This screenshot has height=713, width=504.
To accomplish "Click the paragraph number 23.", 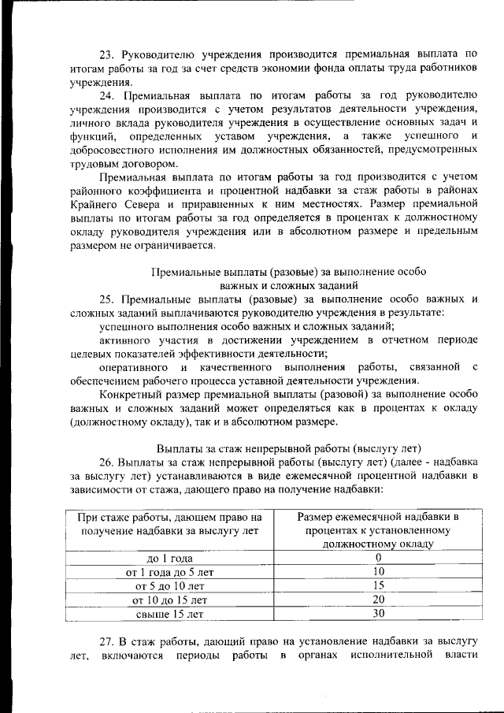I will pyautogui.click(x=107, y=54).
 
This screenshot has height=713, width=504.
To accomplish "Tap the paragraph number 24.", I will pyautogui.click(x=107, y=95).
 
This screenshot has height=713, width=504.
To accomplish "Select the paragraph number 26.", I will pyautogui.click(x=108, y=462).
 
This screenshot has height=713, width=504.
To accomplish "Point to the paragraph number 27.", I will pyautogui.click(x=107, y=641).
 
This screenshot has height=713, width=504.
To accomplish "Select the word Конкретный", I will pyautogui.click(x=132, y=395).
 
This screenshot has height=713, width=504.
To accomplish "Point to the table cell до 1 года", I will pyautogui.click(x=169, y=559).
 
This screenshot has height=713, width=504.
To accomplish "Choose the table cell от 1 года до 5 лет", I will pyautogui.click(x=169, y=573).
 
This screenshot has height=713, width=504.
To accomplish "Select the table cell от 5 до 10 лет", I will pyautogui.click(x=169, y=587).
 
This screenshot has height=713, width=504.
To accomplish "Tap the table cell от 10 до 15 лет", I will pyautogui.click(x=169, y=600).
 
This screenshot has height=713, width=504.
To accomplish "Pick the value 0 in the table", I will pyautogui.click(x=378, y=559).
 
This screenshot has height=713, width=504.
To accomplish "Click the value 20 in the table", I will pyautogui.click(x=378, y=600).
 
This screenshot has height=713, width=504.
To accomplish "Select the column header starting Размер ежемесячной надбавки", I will pyautogui.click(x=378, y=530).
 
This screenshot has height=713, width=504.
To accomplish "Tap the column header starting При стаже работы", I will pyautogui.click(x=169, y=524).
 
